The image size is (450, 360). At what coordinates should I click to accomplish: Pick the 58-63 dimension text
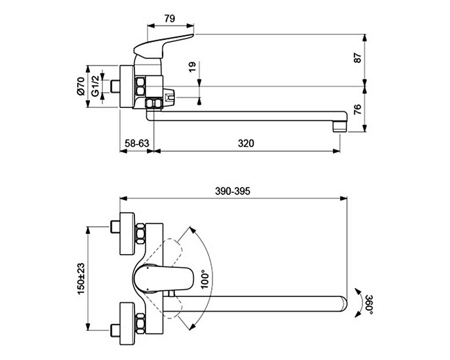pos(137,143)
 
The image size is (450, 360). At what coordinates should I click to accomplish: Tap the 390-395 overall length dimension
pos(232,191)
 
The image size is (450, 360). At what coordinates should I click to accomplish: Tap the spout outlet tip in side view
pos(340,124)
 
